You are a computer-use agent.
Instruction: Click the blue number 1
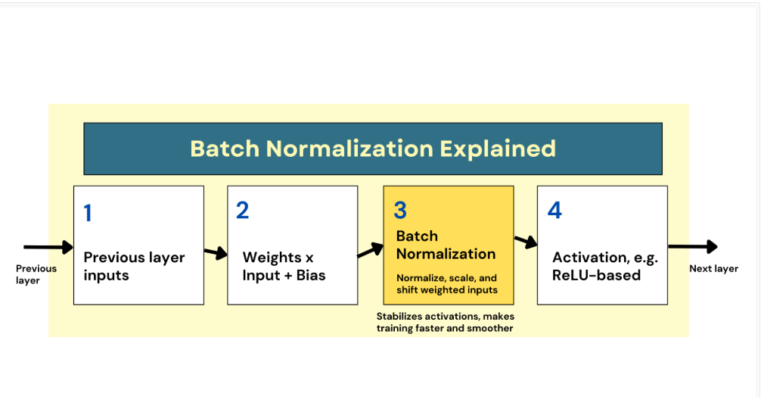pyautogui.click(x=88, y=213)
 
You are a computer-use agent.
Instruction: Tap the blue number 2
pyautogui.click(x=243, y=211)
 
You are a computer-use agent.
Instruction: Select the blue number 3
pyautogui.click(x=400, y=211)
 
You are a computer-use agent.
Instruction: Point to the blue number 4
pyautogui.click(x=554, y=211)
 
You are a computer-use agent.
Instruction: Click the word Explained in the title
pyautogui.click(x=498, y=149)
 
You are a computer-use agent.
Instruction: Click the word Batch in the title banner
pyautogui.click(x=225, y=149)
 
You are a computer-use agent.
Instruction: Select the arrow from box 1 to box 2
pyautogui.click(x=216, y=252)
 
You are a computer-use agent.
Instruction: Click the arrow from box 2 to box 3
pyautogui.click(x=371, y=250)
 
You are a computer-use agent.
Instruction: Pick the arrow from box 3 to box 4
pyautogui.click(x=526, y=241)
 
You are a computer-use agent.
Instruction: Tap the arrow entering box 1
pyautogui.click(x=48, y=247)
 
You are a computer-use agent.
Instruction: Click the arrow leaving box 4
pyautogui.click(x=693, y=246)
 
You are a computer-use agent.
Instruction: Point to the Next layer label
pyautogui.click(x=714, y=268)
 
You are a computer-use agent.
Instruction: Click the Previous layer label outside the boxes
pyautogui.click(x=36, y=274)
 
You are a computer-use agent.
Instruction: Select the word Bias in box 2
pyautogui.click(x=311, y=276)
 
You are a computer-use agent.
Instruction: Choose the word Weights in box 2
pyautogui.click(x=272, y=258)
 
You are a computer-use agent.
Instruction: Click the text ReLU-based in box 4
pyautogui.click(x=596, y=276)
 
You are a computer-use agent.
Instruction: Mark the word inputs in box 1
pyautogui.click(x=106, y=276)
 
